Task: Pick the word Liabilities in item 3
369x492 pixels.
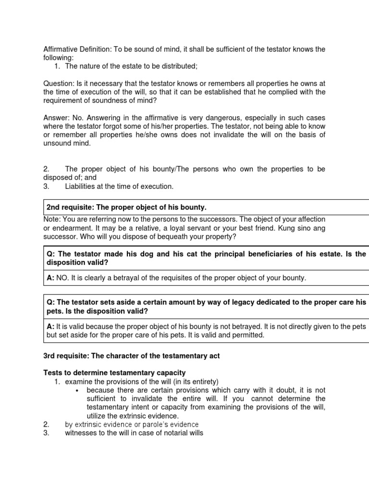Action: coord(83,186)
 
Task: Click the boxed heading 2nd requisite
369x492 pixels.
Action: coord(126,207)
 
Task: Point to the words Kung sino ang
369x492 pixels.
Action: coord(303,228)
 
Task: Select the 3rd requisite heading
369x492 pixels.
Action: coord(132,356)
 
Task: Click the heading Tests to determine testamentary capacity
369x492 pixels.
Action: coord(114,373)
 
